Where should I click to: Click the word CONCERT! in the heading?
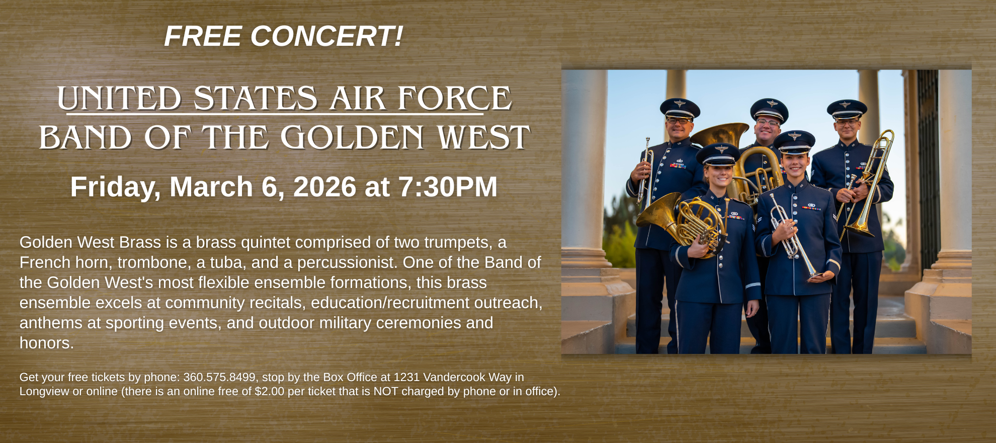point(326,37)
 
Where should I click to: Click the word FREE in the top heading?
point(203,37)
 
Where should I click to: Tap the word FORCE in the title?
point(454,99)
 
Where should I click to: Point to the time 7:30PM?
point(448,187)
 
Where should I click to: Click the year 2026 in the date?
point(324,187)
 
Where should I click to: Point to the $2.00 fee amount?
point(269,391)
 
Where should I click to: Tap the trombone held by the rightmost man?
point(870,186)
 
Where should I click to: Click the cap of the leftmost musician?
point(680,108)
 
